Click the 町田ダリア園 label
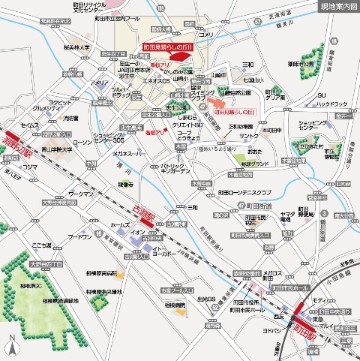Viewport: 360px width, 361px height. (x=274, y=94)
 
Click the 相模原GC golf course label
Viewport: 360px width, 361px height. (x=31, y=286)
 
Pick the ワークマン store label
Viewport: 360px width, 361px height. (x=80, y=194)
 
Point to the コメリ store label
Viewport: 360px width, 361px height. (x=204, y=35)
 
